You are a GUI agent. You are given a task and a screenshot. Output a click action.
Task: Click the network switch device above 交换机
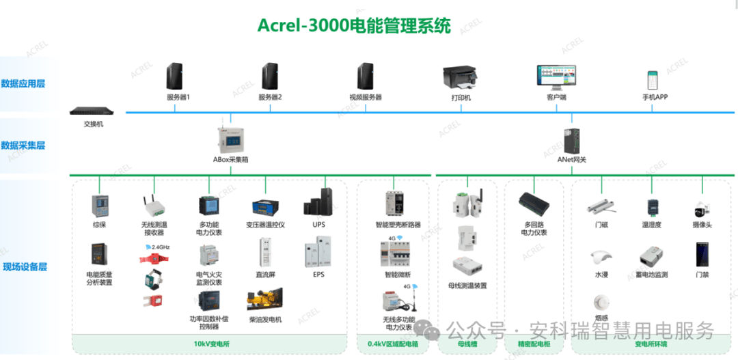(x=94, y=111)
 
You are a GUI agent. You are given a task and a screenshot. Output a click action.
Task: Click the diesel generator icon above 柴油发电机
(x=266, y=301)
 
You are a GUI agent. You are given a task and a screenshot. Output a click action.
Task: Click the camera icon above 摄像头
(x=701, y=208)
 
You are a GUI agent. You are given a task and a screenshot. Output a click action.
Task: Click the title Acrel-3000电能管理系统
(x=354, y=26)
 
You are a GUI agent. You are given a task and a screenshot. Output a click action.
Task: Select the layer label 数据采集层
(x=23, y=146)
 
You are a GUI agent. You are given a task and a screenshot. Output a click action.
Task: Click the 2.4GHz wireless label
(x=161, y=247)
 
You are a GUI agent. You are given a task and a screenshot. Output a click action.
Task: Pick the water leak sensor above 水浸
(x=601, y=258)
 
